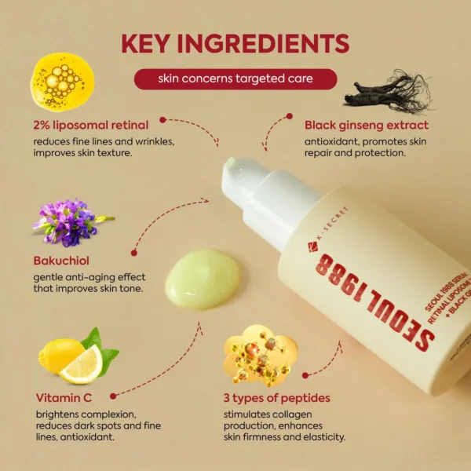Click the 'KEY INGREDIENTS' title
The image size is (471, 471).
235,44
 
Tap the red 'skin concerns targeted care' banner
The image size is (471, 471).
235,79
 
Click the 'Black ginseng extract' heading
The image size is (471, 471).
367,125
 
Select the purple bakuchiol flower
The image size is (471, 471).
71,221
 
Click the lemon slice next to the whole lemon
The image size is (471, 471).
83,365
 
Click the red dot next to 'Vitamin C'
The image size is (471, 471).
114,396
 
